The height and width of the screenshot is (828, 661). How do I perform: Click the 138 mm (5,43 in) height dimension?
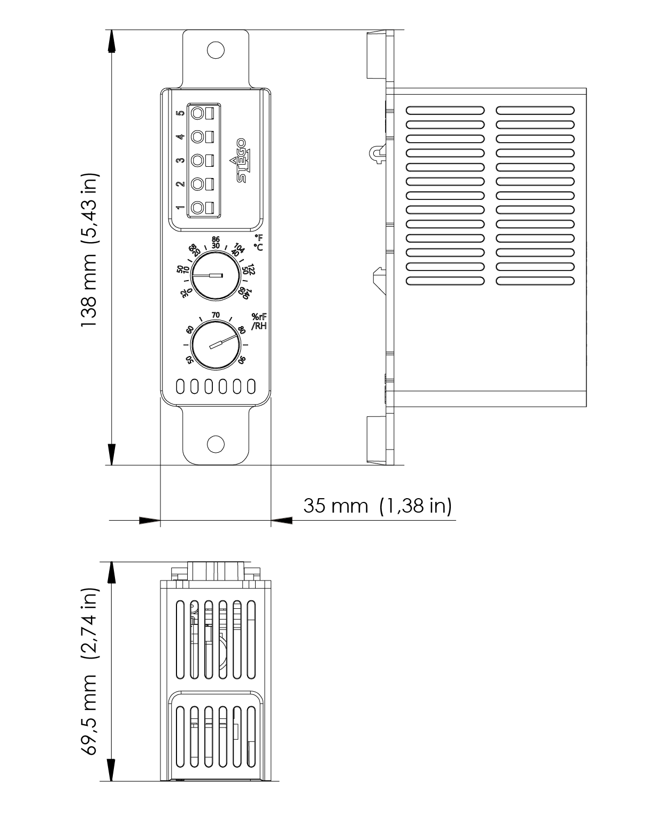tap(90, 251)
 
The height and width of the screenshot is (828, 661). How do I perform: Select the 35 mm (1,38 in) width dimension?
tap(377, 505)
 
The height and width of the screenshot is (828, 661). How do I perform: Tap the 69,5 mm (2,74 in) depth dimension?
tap(90, 672)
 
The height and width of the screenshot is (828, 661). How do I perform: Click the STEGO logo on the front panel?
tap(242, 160)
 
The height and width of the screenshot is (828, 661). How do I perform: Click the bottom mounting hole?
tap(216, 443)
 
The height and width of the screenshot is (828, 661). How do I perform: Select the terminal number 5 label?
tap(181, 113)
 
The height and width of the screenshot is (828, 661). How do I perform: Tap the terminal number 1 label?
tap(181, 207)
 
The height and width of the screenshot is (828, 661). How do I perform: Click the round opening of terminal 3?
tap(198, 160)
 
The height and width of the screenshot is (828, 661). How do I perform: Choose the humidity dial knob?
tap(215, 345)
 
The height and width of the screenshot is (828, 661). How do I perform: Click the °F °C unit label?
tap(258, 242)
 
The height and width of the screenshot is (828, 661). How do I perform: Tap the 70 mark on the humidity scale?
tap(216, 315)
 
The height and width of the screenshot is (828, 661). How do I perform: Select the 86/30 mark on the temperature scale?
tap(216, 242)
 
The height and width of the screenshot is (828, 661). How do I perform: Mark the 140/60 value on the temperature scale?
tap(244, 292)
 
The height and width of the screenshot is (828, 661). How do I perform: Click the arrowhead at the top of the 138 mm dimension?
tap(112, 41)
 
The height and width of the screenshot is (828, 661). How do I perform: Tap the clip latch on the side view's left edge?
tap(378, 153)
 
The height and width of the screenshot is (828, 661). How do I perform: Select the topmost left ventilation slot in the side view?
tap(445, 111)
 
